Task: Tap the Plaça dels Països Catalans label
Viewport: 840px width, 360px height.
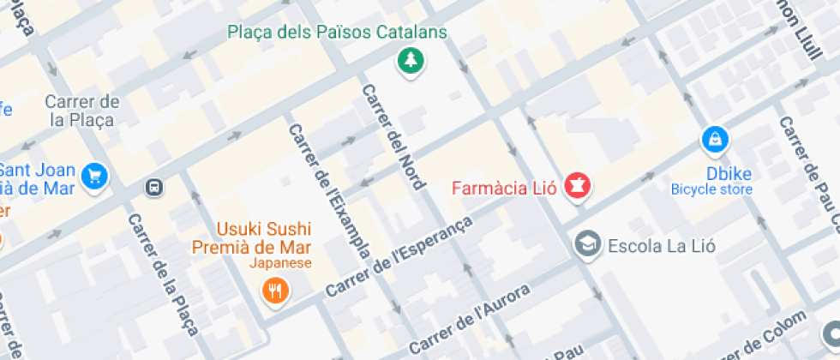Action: pyautogui.click(x=337, y=33)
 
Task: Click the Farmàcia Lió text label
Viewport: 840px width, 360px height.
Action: pyautogui.click(x=505, y=186)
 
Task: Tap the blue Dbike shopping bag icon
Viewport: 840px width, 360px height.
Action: pyautogui.click(x=714, y=139)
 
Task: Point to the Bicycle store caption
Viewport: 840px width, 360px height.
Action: pyautogui.click(x=711, y=189)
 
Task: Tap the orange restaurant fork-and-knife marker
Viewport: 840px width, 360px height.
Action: pyautogui.click(x=275, y=291)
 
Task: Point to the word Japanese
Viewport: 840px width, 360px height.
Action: pyautogui.click(x=281, y=263)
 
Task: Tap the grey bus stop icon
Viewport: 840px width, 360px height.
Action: pyautogui.click(x=154, y=187)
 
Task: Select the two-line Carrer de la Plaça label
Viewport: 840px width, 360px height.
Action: pyautogui.click(x=82, y=111)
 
